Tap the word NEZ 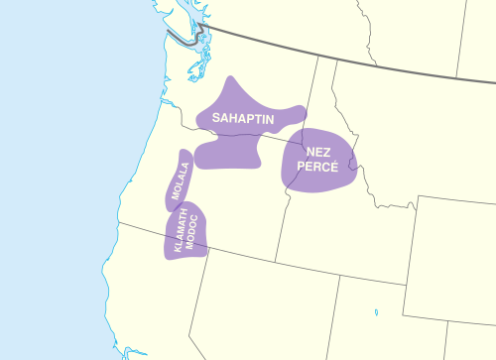[x=318, y=152]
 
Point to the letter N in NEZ [x=310, y=152]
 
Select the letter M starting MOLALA [x=181, y=198]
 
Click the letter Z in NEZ [x=327, y=152]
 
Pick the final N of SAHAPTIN [x=272, y=118]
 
